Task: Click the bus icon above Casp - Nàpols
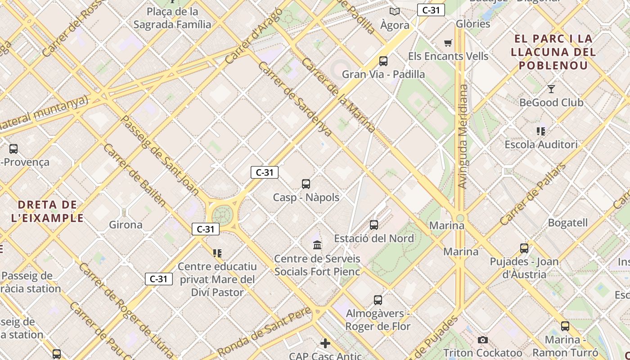click(x=306, y=184)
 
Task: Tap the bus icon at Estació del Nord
click(x=374, y=225)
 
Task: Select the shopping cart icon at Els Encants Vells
click(x=448, y=43)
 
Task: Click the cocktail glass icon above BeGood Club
click(x=551, y=89)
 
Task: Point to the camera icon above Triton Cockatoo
click(x=483, y=340)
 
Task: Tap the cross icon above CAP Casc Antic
click(x=325, y=343)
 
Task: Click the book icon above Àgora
click(x=395, y=12)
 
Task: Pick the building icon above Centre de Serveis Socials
click(x=317, y=245)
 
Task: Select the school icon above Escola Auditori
click(x=541, y=131)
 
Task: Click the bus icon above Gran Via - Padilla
click(x=383, y=61)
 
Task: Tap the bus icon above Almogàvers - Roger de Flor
click(x=378, y=300)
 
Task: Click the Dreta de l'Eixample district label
click(x=48, y=211)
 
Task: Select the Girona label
click(x=126, y=225)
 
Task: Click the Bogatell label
click(x=567, y=223)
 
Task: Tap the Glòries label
click(x=473, y=24)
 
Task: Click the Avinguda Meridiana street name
click(x=463, y=136)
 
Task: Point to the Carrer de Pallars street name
click(x=533, y=194)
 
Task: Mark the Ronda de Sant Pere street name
click(x=264, y=331)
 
